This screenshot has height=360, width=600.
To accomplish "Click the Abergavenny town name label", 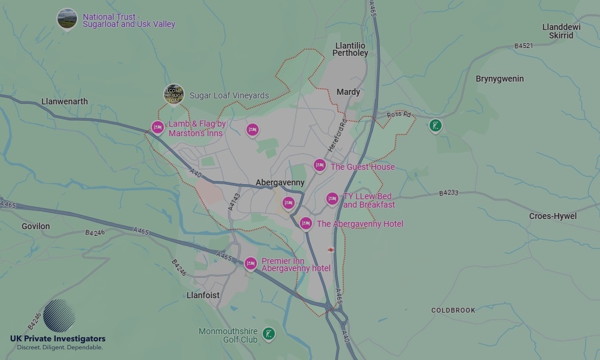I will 280,182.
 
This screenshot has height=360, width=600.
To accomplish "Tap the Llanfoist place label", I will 203,295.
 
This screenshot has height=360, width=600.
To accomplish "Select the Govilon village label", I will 35,226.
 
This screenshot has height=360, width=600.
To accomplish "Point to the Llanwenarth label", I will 65,101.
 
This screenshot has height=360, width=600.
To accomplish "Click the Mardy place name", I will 348,92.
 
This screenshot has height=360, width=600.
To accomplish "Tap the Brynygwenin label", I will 499,79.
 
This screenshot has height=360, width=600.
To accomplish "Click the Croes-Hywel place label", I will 553,216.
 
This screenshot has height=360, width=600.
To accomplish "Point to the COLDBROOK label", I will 453,310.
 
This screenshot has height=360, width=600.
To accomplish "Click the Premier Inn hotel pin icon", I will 251,263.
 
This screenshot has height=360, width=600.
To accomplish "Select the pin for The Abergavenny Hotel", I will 306,223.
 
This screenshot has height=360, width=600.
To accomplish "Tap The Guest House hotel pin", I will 320,165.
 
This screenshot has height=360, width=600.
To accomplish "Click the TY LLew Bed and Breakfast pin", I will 332,199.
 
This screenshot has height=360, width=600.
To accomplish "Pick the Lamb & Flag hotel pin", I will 158,127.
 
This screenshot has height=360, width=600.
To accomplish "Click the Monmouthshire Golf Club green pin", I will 269,333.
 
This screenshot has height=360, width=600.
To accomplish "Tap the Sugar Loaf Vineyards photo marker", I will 174,94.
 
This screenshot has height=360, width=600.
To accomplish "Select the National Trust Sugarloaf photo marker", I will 67,19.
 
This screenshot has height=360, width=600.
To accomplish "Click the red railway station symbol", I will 331,249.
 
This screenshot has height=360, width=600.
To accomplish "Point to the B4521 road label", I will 523,46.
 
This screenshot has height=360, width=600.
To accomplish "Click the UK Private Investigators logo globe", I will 59,316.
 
